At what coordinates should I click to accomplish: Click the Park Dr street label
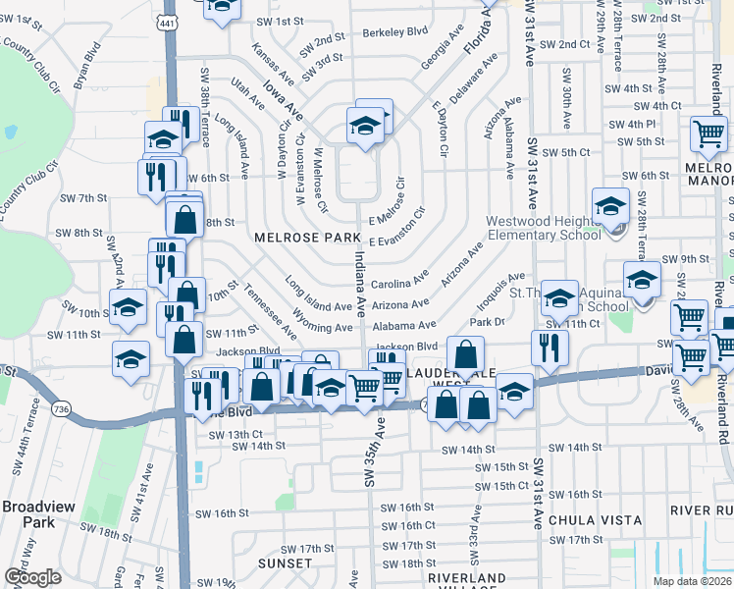[486, 321]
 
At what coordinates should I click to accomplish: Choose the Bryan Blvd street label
[88, 61]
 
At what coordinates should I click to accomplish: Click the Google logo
[31, 577]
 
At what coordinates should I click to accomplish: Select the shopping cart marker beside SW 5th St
[708, 134]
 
